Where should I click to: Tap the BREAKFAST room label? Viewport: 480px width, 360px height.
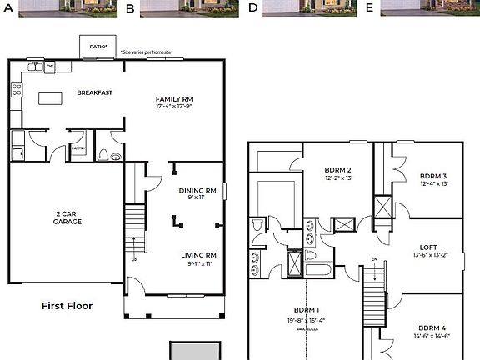pos(94,92)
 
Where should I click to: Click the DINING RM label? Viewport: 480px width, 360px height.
pos(197,190)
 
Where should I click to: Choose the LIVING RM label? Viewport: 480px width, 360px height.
pos(198,255)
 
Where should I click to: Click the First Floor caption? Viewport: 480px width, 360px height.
pos(67,306)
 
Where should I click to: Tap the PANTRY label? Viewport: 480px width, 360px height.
pos(78,148)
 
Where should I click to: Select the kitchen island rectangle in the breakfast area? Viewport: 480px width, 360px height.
pos(51,97)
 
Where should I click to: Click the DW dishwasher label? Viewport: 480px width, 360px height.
pos(50,66)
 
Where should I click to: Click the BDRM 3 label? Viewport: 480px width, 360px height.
pos(433,176)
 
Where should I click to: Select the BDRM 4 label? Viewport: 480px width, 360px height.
pos(434,327)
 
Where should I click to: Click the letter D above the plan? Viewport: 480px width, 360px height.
pos(253,8)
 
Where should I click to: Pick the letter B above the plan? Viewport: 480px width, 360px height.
pos(130,8)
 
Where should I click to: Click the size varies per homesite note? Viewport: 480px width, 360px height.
pos(146,52)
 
